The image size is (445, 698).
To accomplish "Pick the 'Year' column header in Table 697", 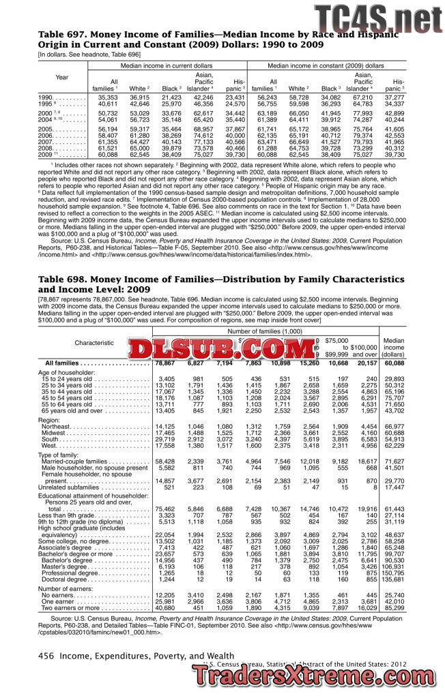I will (x=61, y=76).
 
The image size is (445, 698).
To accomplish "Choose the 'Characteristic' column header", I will (x=94, y=342).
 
